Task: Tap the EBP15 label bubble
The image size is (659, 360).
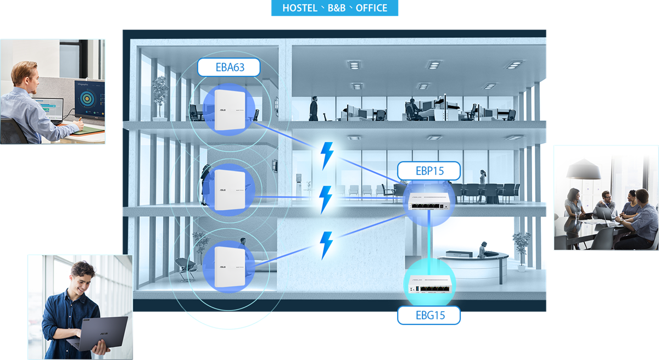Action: (x=429, y=171)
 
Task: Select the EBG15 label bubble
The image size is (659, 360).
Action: (x=429, y=315)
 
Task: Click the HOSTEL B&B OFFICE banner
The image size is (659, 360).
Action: (x=334, y=8)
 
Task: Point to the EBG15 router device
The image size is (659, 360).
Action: (x=429, y=283)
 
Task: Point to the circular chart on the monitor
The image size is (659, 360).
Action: (x=87, y=100)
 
